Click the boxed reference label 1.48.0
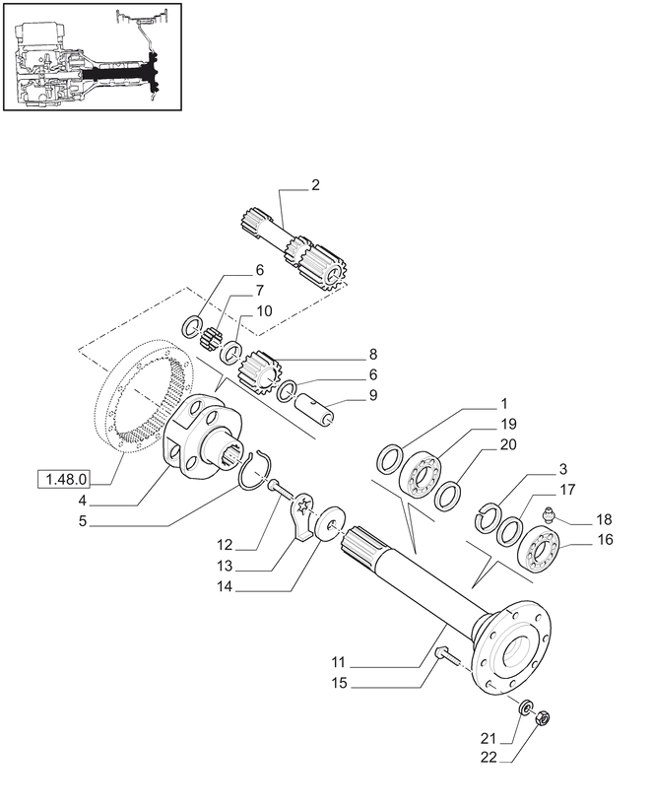click(x=64, y=480)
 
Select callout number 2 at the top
click(x=315, y=184)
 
